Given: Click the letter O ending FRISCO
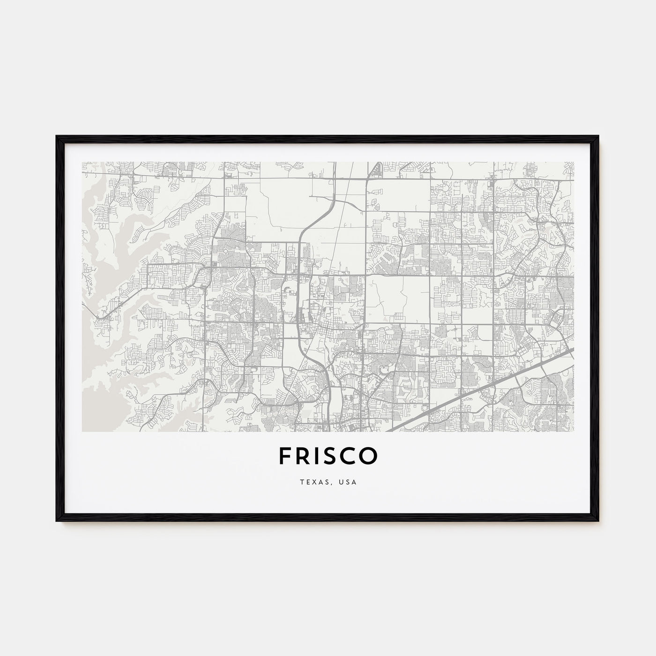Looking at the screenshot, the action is click(369, 456).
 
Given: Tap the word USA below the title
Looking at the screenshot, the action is click(349, 482).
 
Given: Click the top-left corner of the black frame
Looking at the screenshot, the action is click(57, 136).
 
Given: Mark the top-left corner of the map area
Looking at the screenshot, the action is click(82, 162).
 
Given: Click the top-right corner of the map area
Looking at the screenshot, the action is click(574, 162).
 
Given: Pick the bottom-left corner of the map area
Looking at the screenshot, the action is click(82, 431).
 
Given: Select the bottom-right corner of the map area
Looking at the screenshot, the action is click(574, 431).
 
